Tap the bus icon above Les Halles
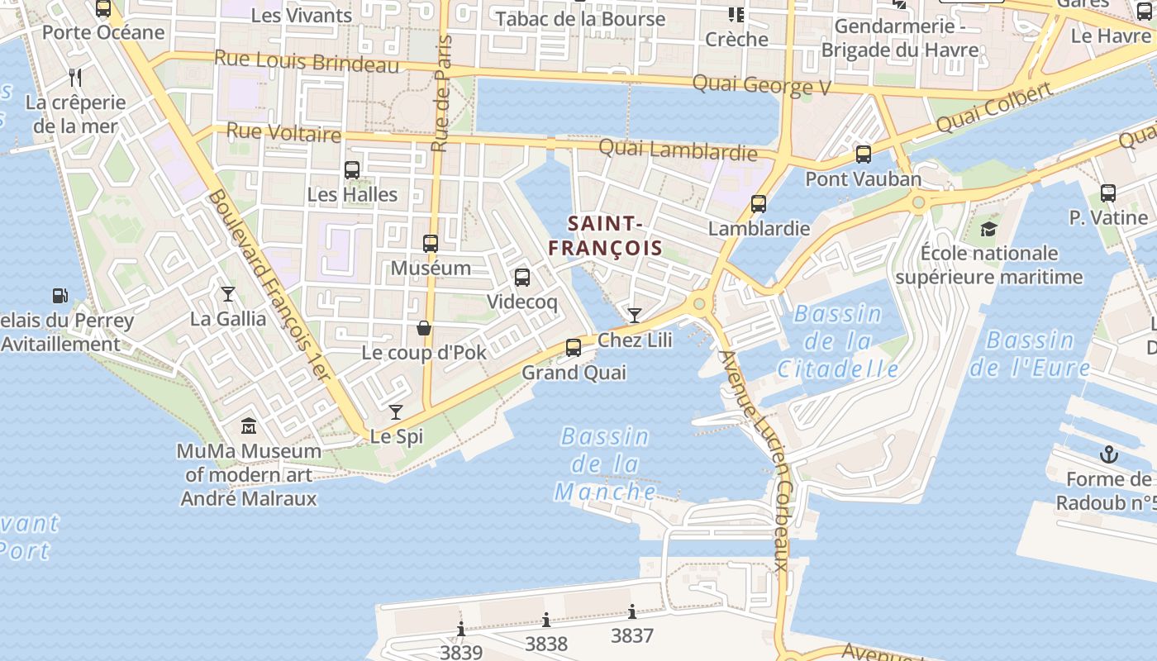point(352,170)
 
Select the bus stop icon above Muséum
point(431,244)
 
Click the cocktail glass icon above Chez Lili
point(634,315)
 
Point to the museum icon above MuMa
point(249,426)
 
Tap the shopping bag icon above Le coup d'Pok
point(424,328)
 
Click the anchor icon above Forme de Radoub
point(1108,454)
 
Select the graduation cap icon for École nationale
point(988,229)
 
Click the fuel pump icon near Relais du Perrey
point(60,295)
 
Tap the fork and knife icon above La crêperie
point(75,78)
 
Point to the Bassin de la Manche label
point(606,464)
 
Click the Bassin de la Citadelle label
point(838,341)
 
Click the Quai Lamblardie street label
point(677,150)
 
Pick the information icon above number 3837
point(632,612)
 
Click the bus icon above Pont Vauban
point(864,155)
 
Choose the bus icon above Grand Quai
point(574,348)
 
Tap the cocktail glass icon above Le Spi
point(396,411)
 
